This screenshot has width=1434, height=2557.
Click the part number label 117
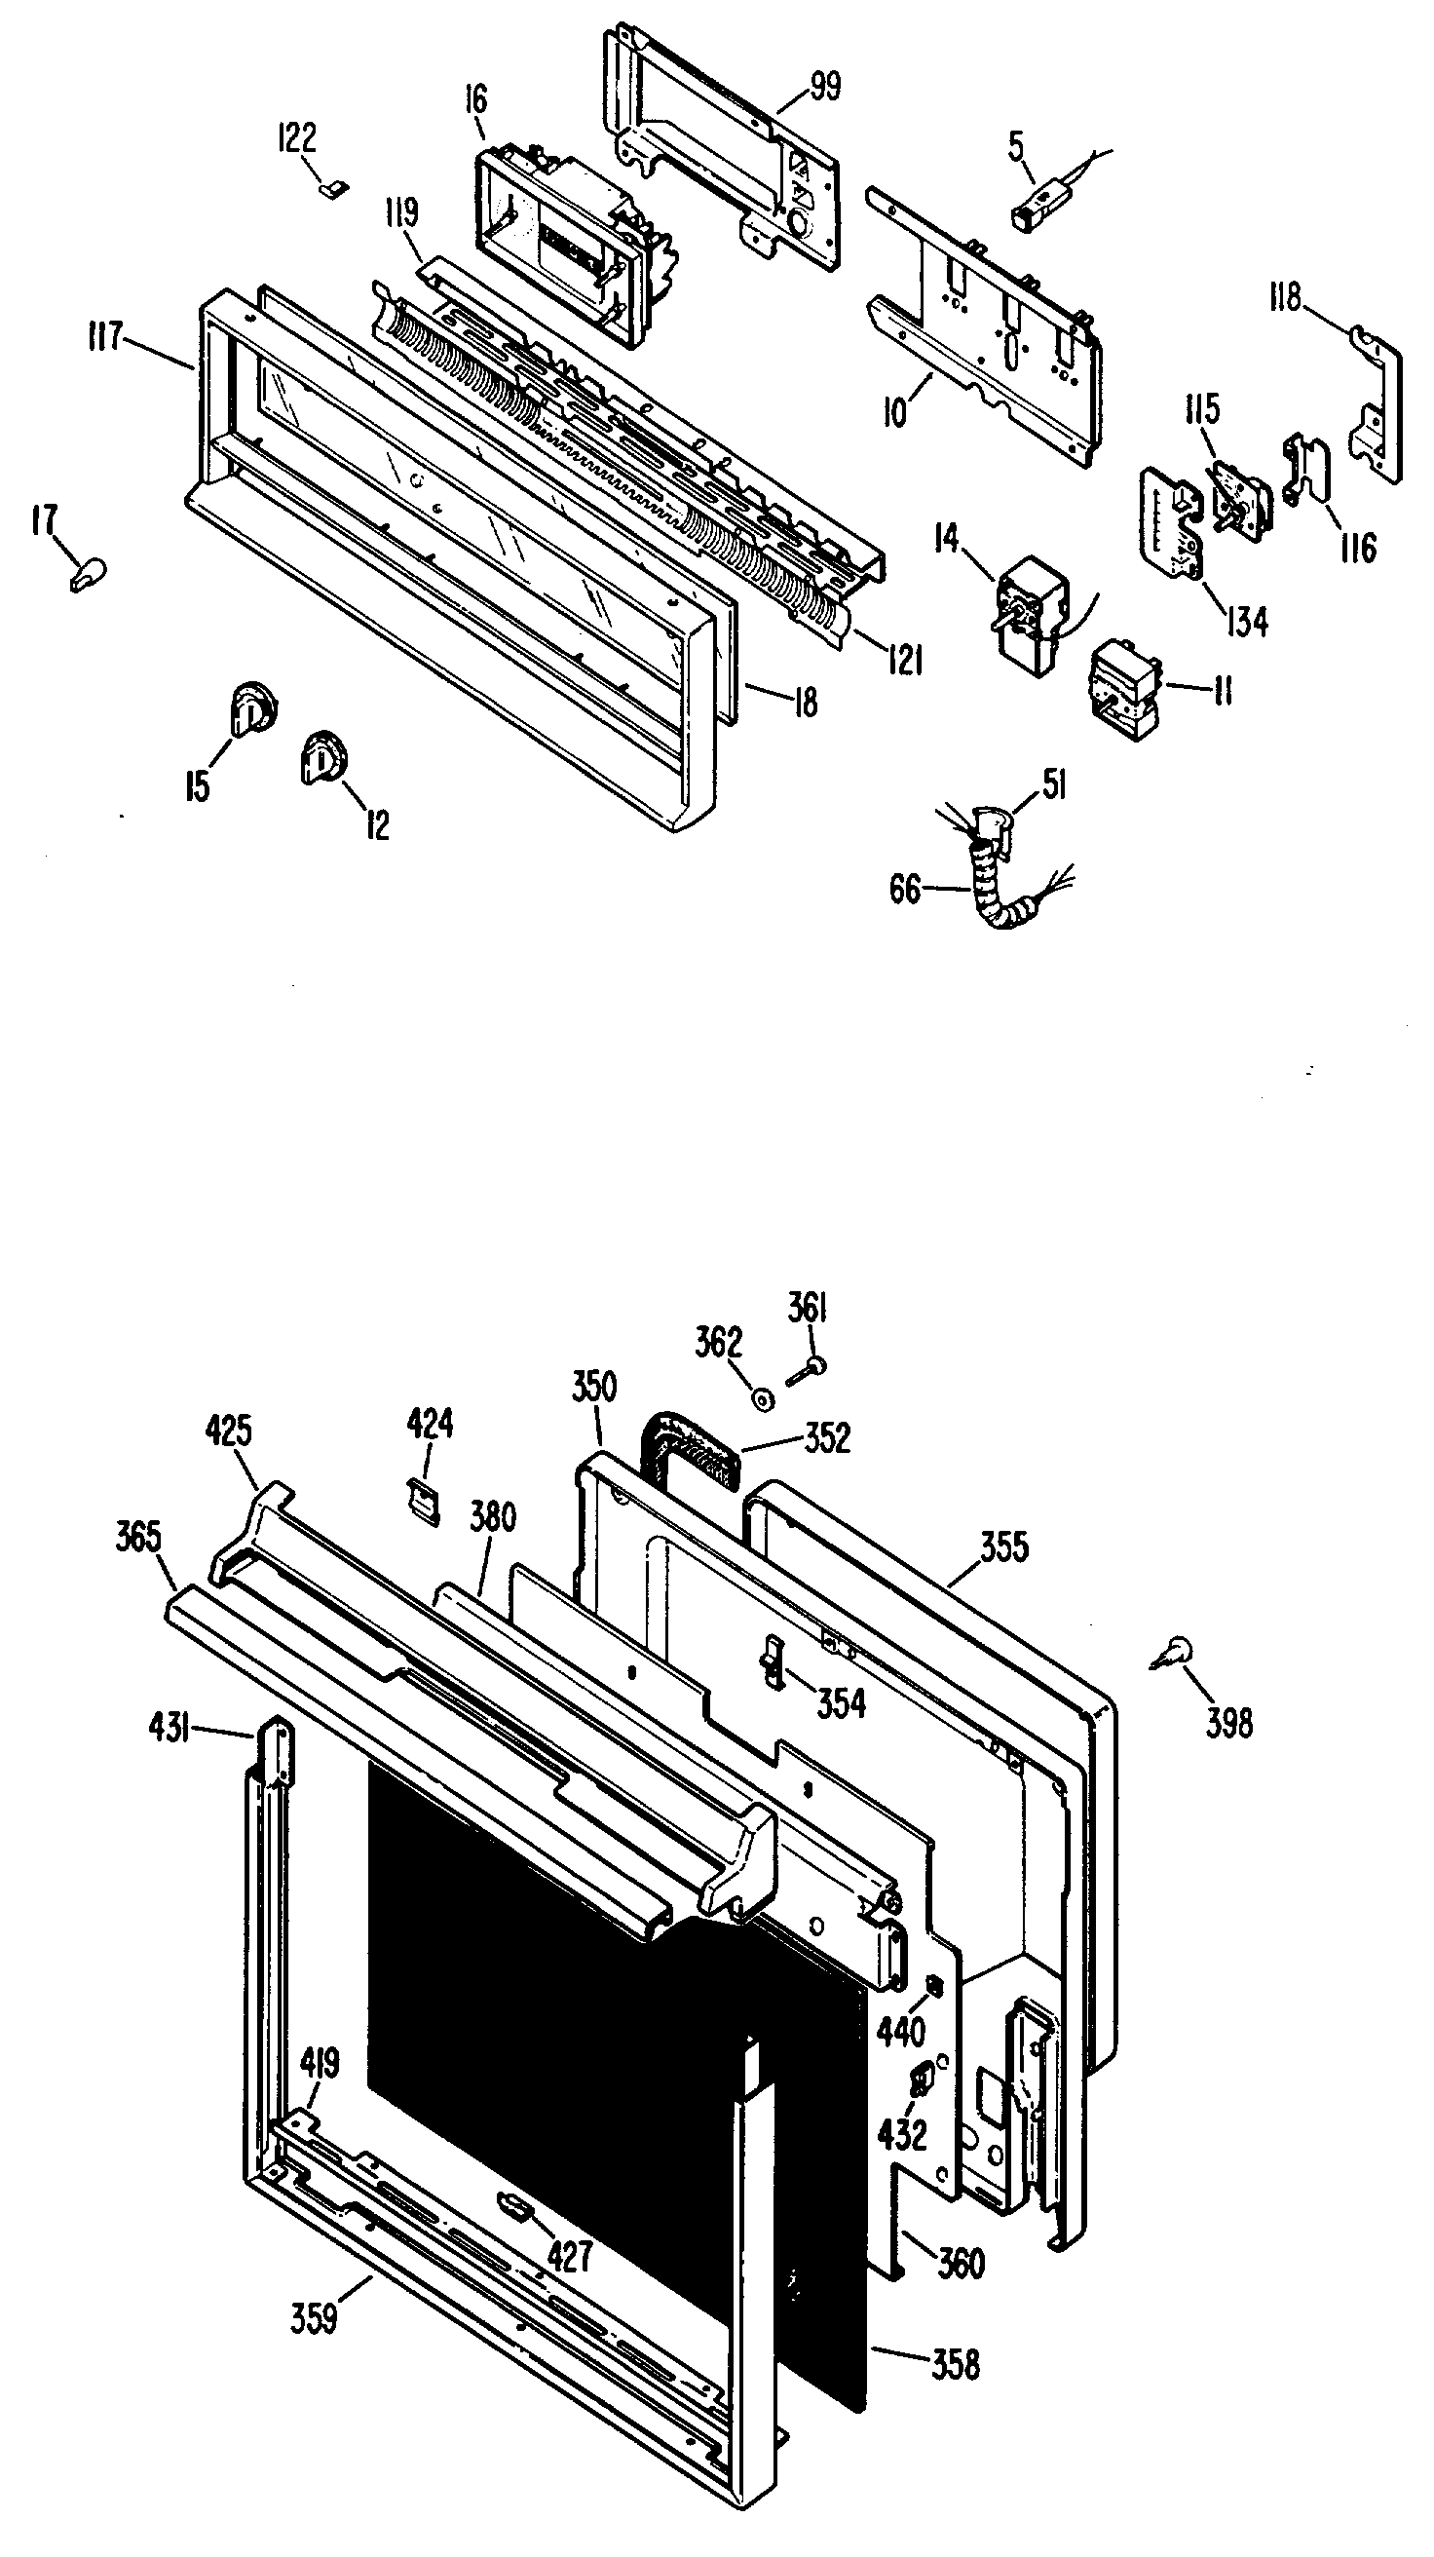(x=104, y=337)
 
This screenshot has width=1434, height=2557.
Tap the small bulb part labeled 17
(x=88, y=575)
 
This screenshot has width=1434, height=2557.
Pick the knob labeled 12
(x=322, y=759)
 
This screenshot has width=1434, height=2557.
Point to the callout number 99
(x=824, y=88)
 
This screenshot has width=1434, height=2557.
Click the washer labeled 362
(x=762, y=1399)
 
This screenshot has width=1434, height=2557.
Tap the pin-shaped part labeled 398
(x=1175, y=1653)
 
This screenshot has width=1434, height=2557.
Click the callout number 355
(x=1004, y=1547)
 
